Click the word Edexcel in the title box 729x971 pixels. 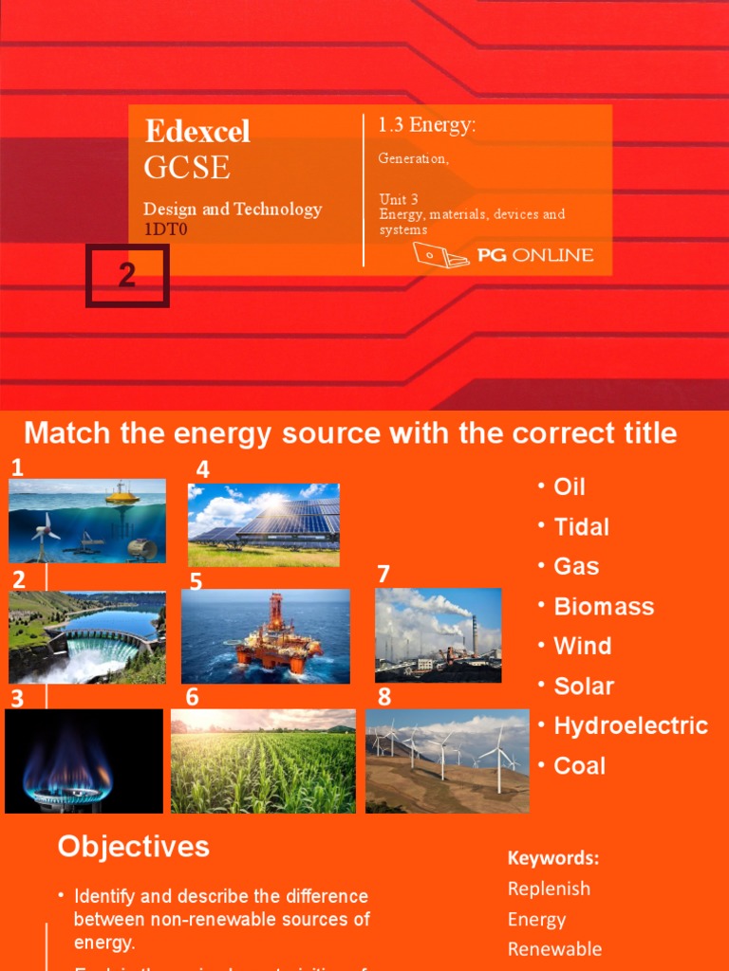click(197, 131)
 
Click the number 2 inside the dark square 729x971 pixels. click(127, 275)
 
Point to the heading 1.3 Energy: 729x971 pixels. click(427, 125)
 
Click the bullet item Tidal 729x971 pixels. click(581, 527)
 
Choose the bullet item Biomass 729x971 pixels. click(604, 607)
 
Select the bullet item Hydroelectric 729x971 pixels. click(630, 726)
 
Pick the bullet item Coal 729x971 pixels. click(579, 766)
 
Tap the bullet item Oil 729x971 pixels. click(570, 487)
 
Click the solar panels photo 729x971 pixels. click(264, 524)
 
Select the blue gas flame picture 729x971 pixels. click(84, 760)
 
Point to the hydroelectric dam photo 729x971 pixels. click(87, 637)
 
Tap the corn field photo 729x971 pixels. click(264, 760)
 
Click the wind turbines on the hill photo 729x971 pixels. click(447, 760)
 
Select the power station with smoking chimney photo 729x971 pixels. click(438, 634)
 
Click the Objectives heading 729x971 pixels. click(133, 847)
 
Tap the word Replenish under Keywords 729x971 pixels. click(549, 889)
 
